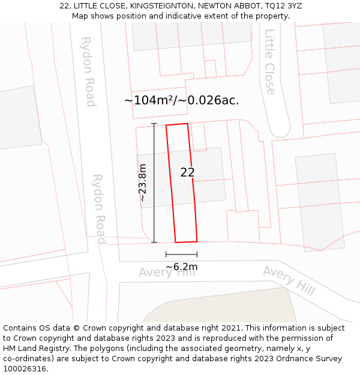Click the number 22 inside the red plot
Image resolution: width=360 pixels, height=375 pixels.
(x=187, y=172)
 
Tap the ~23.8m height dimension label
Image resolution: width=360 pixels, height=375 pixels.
(x=143, y=182)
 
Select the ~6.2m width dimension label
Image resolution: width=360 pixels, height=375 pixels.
(x=181, y=266)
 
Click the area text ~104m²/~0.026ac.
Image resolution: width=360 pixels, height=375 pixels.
(x=181, y=100)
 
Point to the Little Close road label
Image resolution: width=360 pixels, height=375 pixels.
(x=270, y=62)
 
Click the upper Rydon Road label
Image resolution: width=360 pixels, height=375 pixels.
(x=88, y=71)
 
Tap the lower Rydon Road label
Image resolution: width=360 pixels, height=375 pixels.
(x=98, y=208)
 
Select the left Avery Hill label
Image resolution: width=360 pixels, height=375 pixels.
(x=167, y=272)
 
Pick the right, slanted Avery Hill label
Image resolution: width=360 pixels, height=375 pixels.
(x=289, y=280)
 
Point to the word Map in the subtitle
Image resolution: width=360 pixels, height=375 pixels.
(x=81, y=16)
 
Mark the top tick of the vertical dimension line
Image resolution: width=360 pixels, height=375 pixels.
(x=154, y=124)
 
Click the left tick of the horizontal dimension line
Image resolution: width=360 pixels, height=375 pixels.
(x=166, y=254)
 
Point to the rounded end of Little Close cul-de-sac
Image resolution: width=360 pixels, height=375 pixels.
(x=280, y=128)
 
